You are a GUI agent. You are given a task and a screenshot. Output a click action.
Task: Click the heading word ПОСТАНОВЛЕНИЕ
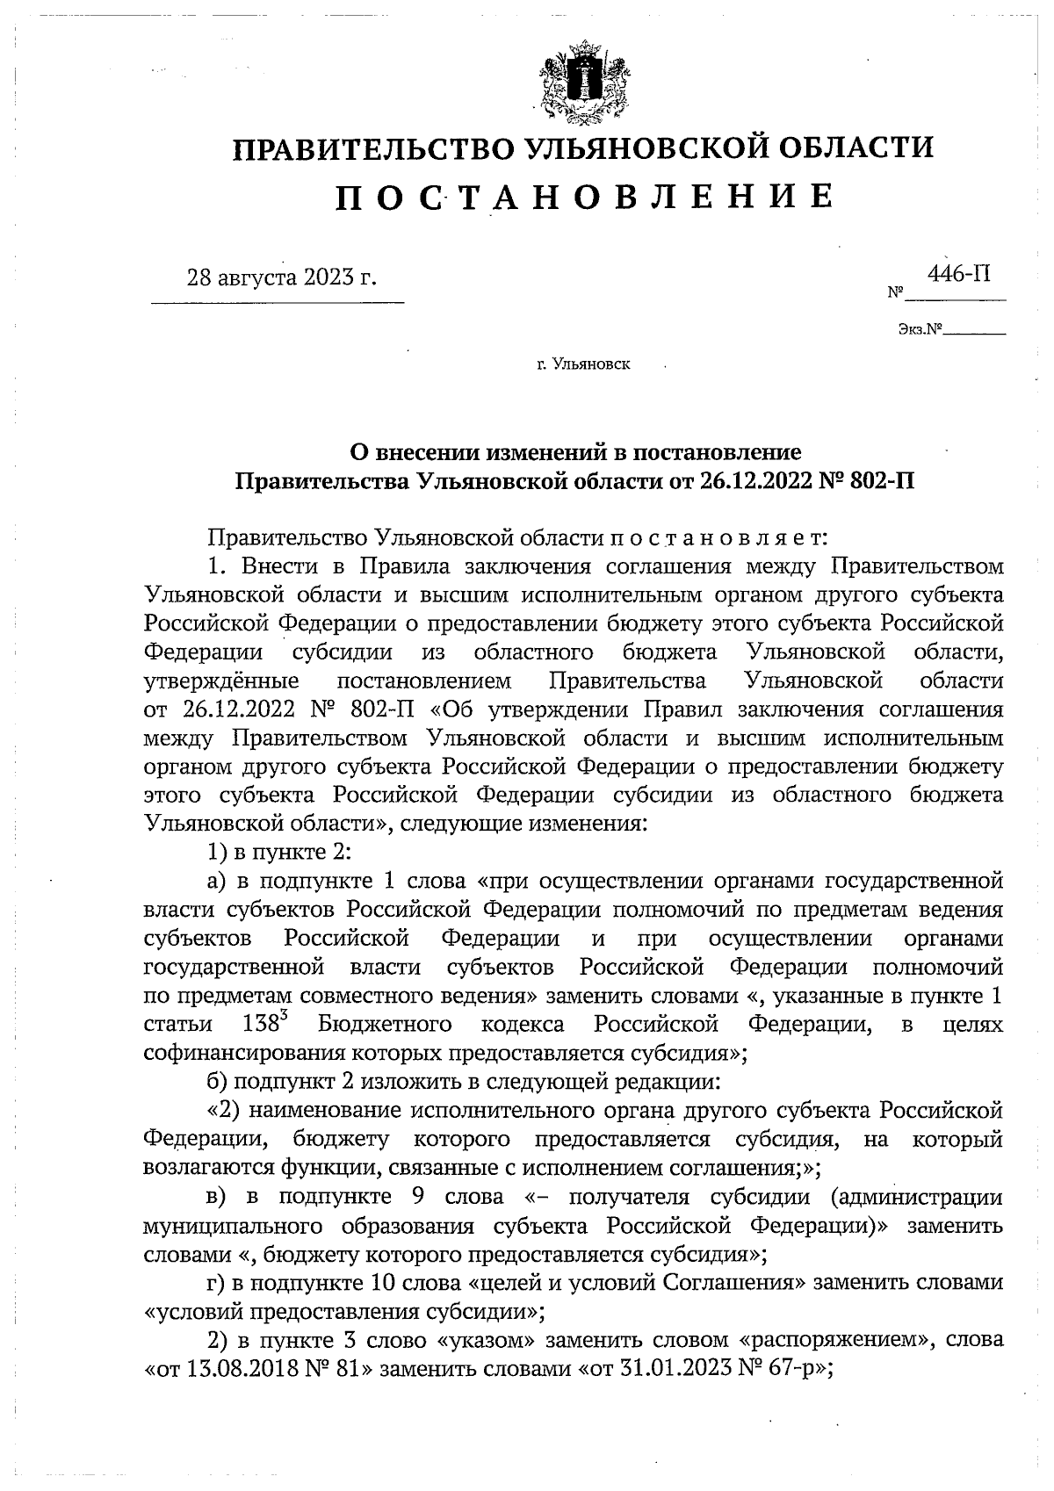[x=583, y=198]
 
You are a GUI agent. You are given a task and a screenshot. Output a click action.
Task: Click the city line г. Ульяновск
[x=583, y=363]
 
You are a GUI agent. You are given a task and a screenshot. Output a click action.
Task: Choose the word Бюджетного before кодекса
[x=386, y=1025]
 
